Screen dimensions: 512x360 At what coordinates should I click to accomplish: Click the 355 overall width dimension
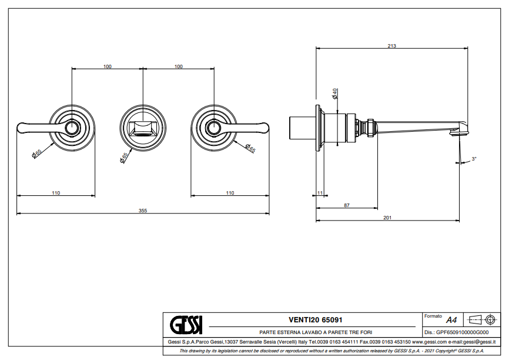143,211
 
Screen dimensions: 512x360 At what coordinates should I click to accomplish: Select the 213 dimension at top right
392,46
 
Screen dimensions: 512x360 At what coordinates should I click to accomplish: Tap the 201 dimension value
387,218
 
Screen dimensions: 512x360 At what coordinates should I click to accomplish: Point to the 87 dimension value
347,205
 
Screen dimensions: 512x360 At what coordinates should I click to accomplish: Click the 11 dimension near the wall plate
320,193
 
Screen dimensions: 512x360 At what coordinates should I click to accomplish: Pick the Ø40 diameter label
334,94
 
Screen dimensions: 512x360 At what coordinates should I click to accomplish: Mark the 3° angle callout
474,159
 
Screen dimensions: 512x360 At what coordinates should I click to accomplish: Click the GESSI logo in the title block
186,325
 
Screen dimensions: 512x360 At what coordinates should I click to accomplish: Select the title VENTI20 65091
316,320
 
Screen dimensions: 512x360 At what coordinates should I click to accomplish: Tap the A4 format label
451,320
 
